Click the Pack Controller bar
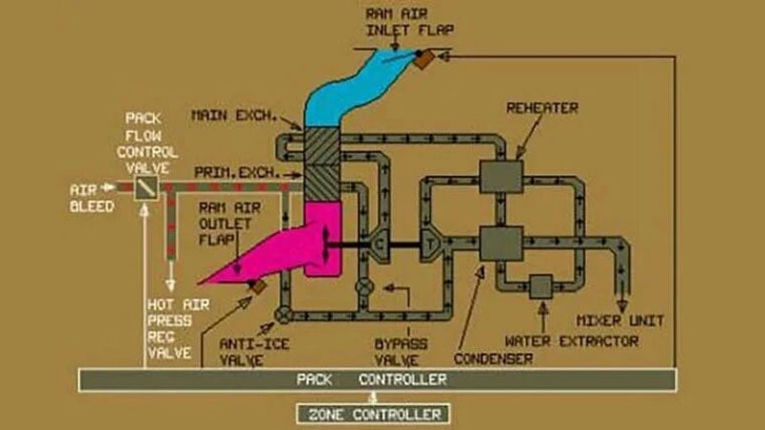pyautogui.click(x=377, y=379)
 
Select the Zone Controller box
pyautogui.click(x=373, y=415)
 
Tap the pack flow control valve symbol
pyautogui.click(x=146, y=187)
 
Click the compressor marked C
pyautogui.click(x=379, y=244)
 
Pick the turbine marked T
pyautogui.click(x=430, y=243)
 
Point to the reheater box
pyautogui.click(x=501, y=177)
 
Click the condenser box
pyautogui.click(x=501, y=243)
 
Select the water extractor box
pyautogui.click(x=541, y=287)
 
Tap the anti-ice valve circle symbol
pyautogui.click(x=283, y=315)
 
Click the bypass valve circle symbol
pyautogui.click(x=364, y=287)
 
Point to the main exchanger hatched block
pyautogui.click(x=322, y=146)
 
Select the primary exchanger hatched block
pyautogui.click(x=322, y=183)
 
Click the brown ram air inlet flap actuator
pyautogui.click(x=424, y=60)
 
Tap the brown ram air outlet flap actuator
pyautogui.click(x=258, y=286)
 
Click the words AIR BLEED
pyautogui.click(x=92, y=198)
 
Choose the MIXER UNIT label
pyautogui.click(x=620, y=321)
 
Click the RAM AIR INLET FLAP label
pyautogui.click(x=410, y=22)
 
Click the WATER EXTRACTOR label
pyautogui.click(x=571, y=341)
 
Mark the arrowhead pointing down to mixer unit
pyautogui.click(x=623, y=306)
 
